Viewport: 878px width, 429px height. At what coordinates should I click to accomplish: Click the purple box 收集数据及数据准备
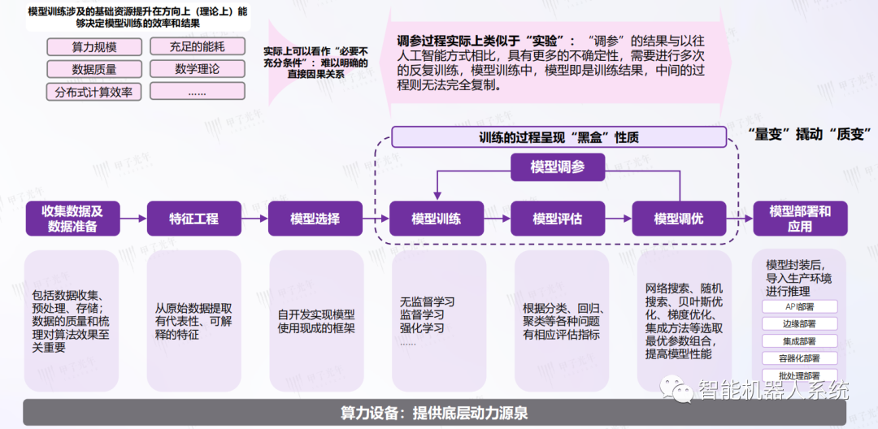(72, 219)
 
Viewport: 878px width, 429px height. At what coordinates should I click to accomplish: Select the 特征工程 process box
(193, 219)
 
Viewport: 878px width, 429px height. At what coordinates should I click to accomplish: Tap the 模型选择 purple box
(315, 219)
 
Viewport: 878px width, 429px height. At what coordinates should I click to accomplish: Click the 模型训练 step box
(437, 219)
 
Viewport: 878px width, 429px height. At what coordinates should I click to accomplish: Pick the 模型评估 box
(558, 219)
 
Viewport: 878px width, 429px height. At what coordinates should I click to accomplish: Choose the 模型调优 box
(679, 219)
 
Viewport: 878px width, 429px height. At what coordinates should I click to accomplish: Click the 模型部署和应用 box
(800, 219)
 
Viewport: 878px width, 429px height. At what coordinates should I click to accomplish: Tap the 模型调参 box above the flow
(558, 167)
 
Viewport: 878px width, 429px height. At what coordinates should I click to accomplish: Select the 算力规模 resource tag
(93, 47)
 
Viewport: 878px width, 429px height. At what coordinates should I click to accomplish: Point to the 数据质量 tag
(93, 69)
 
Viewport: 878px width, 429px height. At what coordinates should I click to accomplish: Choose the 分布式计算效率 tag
(93, 92)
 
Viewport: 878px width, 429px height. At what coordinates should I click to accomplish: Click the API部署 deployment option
(801, 307)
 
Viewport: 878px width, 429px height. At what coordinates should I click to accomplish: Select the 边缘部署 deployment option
(801, 324)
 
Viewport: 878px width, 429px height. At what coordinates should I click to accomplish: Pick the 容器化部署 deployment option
(801, 358)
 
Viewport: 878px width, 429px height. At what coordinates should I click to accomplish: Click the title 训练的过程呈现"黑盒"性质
(557, 137)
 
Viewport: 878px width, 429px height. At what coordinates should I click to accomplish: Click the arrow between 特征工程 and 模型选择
(254, 219)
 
